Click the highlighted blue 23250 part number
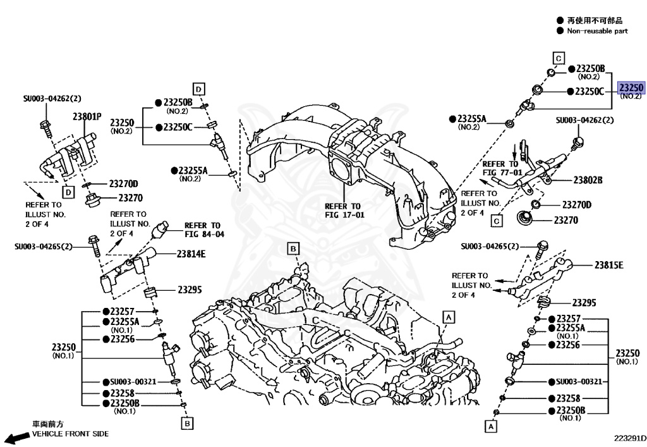pos(631,88)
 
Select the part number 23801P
pos(87,116)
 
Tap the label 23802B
pos(588,180)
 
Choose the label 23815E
pos(608,265)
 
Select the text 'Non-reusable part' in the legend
pos(597,31)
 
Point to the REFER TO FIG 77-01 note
pos(502,168)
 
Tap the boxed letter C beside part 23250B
pos(559,58)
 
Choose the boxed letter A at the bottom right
pos(489,427)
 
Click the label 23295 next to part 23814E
pos(190,290)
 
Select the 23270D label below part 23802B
pos(576,205)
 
